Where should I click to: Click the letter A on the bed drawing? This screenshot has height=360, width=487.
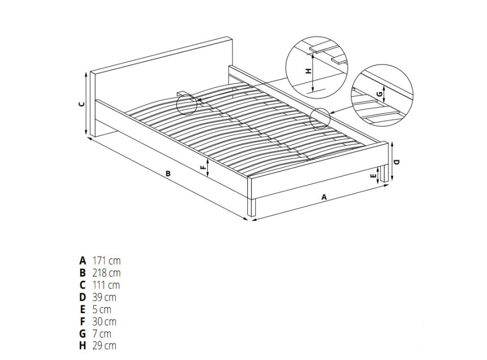324,197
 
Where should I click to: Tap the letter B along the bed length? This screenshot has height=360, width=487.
168,173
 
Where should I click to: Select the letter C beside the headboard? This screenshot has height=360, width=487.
82,104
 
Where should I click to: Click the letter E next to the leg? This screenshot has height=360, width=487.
374,176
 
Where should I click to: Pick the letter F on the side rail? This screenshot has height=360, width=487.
203,167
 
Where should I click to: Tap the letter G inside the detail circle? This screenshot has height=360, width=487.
378,94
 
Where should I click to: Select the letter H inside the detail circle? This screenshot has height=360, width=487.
308,71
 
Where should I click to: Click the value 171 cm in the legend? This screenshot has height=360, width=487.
106,261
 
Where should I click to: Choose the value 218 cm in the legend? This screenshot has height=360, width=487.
106,273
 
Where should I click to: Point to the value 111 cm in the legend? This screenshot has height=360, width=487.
106,285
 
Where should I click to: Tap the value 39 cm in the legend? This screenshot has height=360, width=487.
104,297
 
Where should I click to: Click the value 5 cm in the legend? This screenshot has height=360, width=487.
102,310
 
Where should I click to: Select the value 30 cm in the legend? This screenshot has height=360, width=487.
104,322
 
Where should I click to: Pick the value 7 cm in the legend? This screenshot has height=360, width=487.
102,334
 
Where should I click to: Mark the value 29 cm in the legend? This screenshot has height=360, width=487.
104,346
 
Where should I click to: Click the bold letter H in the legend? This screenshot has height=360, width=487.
82,346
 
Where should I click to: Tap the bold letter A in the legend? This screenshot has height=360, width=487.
82,261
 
